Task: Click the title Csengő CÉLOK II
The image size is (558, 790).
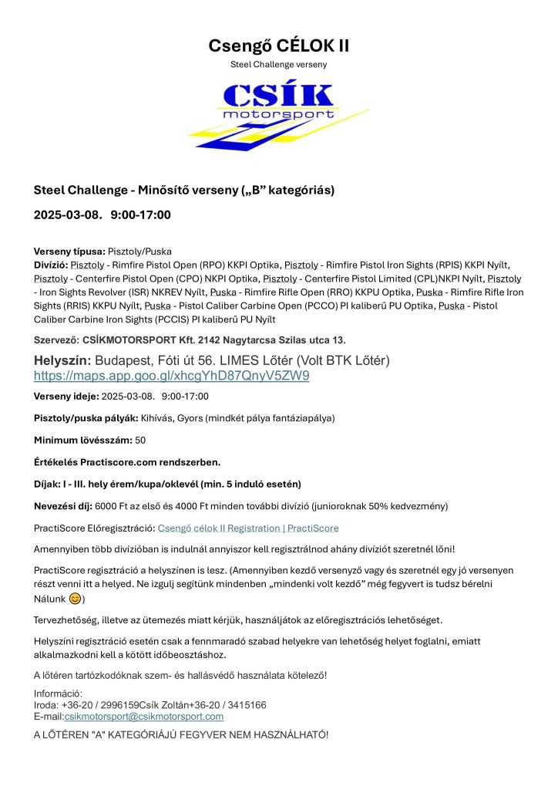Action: click(x=278, y=46)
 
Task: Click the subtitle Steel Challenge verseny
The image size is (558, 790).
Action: click(x=278, y=64)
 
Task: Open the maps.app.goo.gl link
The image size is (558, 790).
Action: click(x=171, y=376)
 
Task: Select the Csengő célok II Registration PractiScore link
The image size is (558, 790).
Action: click(x=247, y=528)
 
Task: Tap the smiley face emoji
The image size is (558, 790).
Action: click(x=76, y=599)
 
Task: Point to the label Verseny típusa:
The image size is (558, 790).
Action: click(x=69, y=252)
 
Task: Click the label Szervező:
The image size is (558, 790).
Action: click(x=57, y=339)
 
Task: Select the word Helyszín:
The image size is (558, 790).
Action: click(x=62, y=360)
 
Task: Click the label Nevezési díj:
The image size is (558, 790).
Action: click(x=63, y=506)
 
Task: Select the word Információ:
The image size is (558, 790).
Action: click(x=58, y=694)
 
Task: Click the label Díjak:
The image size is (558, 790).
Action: click(x=50, y=484)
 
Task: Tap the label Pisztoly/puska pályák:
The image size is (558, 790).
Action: click(x=86, y=418)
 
